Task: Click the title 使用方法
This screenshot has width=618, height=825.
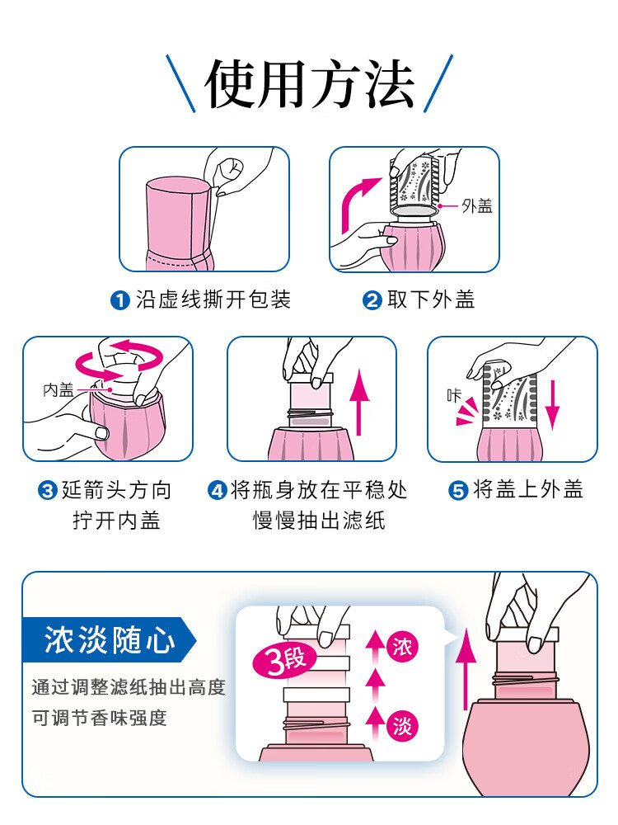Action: coord(309,83)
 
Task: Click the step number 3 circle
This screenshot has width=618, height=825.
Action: coord(48,491)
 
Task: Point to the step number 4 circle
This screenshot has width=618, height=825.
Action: coord(217,491)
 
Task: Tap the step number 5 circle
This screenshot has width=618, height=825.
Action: coord(458,491)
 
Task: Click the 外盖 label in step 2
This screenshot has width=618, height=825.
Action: coord(476,206)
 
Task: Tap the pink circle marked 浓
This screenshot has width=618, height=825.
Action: coord(403,643)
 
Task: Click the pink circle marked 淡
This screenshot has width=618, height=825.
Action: coord(403,726)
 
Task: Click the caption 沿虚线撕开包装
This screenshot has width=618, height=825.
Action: coord(213,299)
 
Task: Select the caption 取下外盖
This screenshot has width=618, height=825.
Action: coord(431,299)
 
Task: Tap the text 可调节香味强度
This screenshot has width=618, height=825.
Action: coord(100,718)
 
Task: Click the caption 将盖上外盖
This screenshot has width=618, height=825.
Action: coord(528,490)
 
